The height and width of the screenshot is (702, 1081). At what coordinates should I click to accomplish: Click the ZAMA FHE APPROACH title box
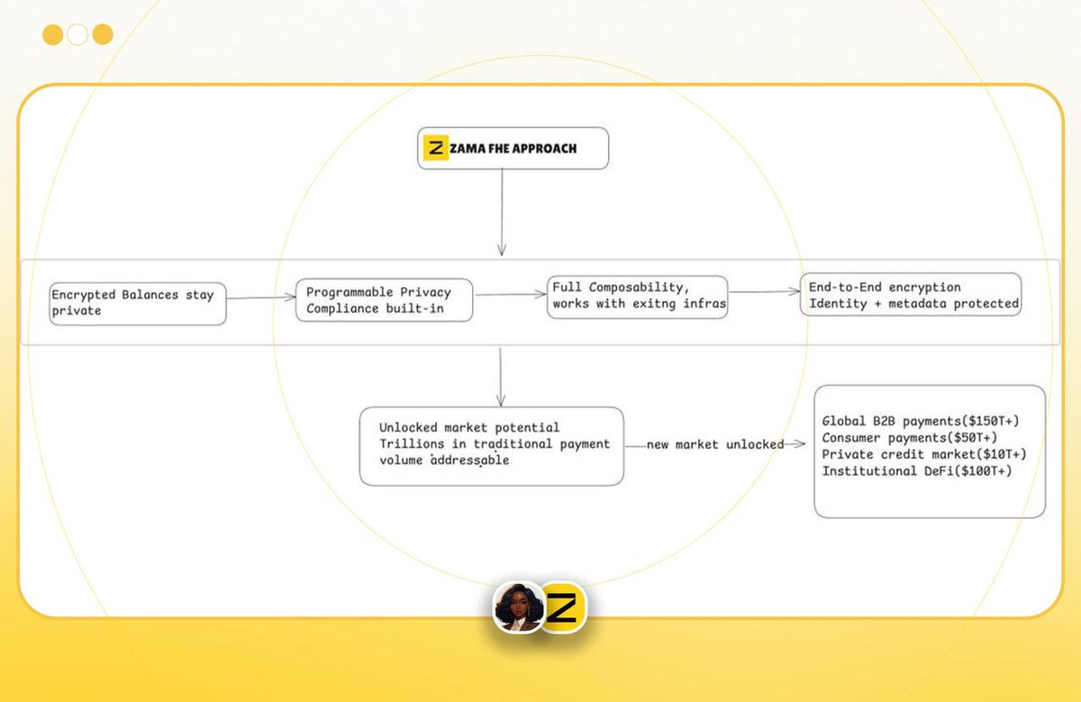513,148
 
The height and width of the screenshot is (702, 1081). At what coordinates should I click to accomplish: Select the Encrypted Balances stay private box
137,303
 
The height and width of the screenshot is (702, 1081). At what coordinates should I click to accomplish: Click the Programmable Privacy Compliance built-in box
385,300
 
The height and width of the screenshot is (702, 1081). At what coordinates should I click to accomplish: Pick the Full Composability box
637,296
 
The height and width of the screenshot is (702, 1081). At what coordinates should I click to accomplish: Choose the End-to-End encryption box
911,295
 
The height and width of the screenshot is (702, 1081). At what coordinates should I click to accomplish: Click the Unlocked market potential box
491,445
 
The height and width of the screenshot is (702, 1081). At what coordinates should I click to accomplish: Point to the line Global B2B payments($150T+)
920,421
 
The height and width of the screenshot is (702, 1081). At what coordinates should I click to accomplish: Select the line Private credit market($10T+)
924,453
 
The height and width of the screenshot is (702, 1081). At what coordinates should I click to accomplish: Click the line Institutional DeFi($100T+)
916,470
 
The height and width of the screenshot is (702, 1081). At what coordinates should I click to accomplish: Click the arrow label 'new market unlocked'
714,444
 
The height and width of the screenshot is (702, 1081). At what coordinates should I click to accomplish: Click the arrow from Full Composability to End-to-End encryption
764,291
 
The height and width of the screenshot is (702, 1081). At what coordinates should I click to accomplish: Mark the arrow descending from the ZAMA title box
502,212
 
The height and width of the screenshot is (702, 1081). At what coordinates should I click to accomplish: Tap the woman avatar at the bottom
519,606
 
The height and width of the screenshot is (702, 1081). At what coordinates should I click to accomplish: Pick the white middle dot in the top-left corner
77,34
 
